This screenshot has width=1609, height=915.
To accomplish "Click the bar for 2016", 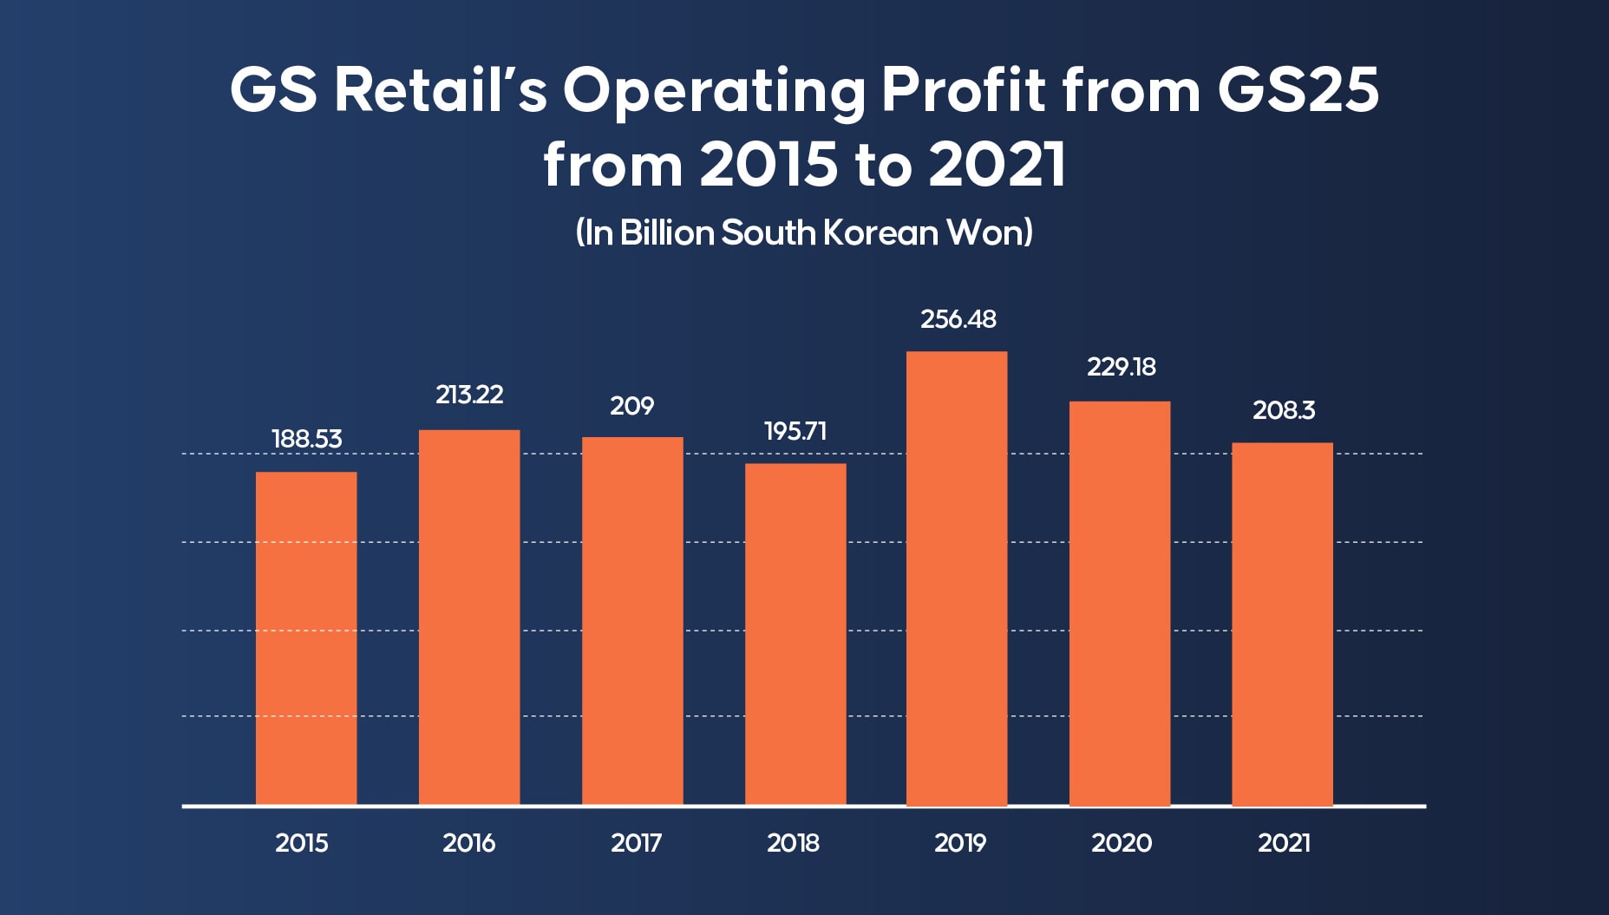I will click(x=469, y=617).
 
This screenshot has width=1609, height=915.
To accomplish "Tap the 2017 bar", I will click(x=632, y=620).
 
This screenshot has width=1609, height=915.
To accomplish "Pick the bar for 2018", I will click(x=795, y=633).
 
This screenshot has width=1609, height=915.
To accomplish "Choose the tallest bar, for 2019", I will click(x=957, y=578).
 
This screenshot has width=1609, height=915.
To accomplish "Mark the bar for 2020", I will click(x=1120, y=603).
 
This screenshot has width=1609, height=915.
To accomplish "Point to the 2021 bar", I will click(x=1282, y=624).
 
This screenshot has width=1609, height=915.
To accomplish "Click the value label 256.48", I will click(x=958, y=319).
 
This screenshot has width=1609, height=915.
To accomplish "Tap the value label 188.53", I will click(x=307, y=439).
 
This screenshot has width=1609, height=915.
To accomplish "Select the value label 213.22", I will click(x=469, y=395).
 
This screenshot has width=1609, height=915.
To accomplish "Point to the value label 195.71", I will click(x=795, y=431).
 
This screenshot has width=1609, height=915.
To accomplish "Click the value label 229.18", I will click(x=1121, y=367).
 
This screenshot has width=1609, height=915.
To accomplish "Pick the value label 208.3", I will click(x=1284, y=410).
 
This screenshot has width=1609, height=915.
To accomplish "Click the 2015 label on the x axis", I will click(x=302, y=842).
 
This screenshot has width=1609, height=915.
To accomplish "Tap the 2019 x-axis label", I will click(x=960, y=842).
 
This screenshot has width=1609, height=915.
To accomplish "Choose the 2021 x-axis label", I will click(x=1284, y=842).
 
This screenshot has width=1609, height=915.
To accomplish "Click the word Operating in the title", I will click(x=714, y=91).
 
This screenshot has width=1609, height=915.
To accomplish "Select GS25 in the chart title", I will click(x=1298, y=89).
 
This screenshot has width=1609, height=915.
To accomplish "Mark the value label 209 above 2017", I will click(x=632, y=406).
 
